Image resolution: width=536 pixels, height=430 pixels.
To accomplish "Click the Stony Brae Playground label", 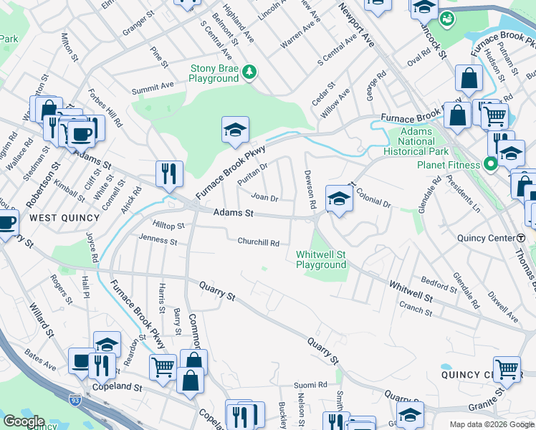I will (213, 73).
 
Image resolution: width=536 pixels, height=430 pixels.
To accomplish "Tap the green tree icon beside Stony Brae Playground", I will (249, 71).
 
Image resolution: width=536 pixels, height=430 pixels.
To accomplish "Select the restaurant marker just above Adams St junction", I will (169, 173).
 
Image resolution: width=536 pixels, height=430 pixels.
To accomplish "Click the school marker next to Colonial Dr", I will (339, 198).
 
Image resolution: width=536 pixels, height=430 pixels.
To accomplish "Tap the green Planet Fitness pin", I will (492, 164).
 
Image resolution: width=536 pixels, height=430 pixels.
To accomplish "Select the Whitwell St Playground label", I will (321, 259).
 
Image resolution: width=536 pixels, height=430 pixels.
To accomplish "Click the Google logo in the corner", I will (24, 421).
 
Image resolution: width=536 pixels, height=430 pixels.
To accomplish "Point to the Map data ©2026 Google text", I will (491, 424).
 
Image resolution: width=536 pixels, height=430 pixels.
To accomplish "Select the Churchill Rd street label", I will (259, 242).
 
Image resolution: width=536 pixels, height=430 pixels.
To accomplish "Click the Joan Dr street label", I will (264, 198).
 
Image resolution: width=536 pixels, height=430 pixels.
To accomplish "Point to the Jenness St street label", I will (158, 239).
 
